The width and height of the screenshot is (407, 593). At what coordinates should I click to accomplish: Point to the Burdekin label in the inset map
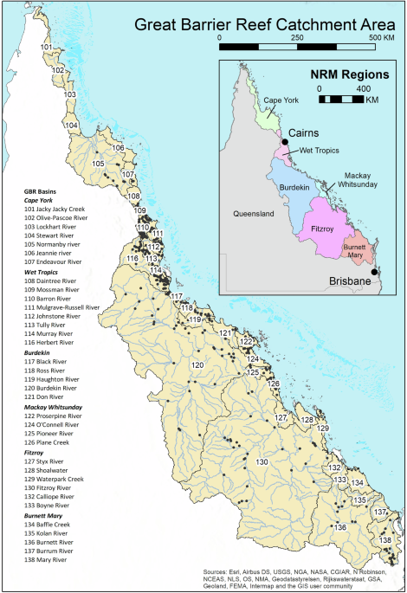[294, 187]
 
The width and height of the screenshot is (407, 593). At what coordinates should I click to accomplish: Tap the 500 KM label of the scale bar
[384, 38]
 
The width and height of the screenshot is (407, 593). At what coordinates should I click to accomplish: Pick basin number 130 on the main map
[262, 462]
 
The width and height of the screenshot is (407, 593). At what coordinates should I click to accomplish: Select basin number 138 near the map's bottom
[385, 541]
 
